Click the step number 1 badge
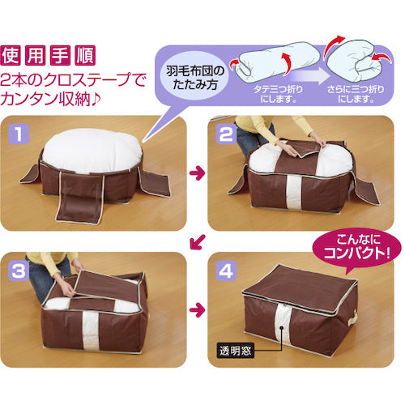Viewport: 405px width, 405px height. [x=19, y=134]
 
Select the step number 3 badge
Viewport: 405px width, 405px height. [x=19, y=271]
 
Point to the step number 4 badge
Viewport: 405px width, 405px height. [x=226, y=271]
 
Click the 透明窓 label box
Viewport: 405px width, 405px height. [x=236, y=351]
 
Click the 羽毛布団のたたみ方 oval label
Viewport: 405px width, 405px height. [x=195, y=78]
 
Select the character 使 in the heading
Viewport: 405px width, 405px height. [x=11, y=55]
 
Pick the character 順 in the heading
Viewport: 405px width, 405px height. [x=85, y=55]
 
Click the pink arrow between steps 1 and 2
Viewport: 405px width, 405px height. [x=197, y=173]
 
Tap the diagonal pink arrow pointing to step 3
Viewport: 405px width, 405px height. [x=198, y=241]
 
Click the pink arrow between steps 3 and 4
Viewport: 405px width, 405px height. [x=197, y=309]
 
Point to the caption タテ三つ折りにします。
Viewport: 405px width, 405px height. [x=278, y=94]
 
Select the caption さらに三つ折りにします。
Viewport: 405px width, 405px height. [x=356, y=94]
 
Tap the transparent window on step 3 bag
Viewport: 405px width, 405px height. [x=91, y=330]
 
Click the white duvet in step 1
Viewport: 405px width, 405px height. [x=92, y=150]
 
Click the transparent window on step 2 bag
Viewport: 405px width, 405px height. [x=293, y=191]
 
